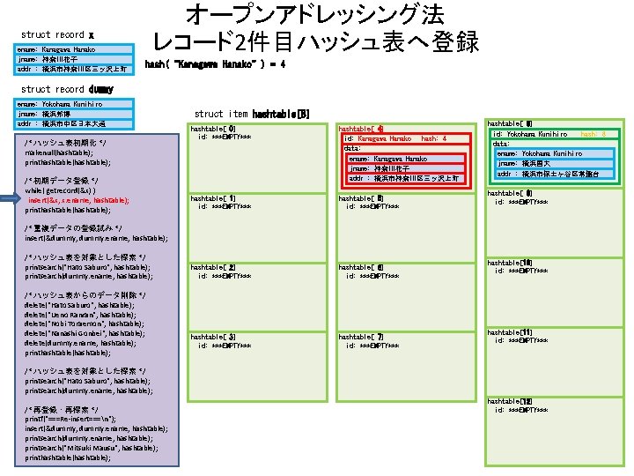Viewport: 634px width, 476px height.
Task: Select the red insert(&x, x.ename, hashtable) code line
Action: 77,200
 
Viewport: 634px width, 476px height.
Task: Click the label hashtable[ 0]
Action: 213,129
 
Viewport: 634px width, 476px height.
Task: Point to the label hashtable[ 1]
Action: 213,197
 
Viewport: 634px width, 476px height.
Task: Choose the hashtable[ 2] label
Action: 213,267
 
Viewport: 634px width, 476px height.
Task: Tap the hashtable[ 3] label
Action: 213,337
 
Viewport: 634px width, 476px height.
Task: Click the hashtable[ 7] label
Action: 361,337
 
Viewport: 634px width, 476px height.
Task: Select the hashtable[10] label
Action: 510,262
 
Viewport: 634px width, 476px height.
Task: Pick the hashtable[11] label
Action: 510,331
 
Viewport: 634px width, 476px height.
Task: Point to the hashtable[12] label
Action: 510,401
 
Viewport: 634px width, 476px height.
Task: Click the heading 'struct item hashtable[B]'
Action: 252,114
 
